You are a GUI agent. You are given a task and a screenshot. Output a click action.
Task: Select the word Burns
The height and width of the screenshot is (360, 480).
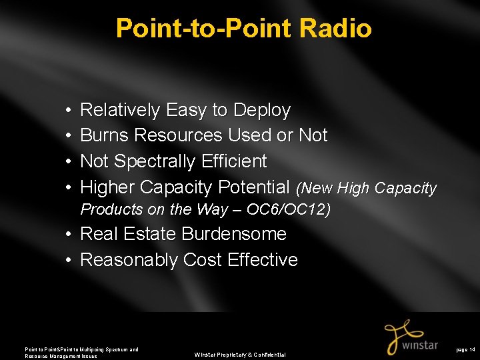105,135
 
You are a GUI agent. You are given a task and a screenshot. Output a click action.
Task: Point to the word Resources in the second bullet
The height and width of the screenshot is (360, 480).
178,135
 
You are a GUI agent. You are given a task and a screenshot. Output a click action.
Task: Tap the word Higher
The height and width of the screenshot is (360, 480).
107,187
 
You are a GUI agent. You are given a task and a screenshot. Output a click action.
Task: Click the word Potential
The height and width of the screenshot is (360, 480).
253,187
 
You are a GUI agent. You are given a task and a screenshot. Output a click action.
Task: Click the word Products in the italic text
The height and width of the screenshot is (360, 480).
111,209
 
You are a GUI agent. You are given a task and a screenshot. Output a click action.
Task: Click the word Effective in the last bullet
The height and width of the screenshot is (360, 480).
263,260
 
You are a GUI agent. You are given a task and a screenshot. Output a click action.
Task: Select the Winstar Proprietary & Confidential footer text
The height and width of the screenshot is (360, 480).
240,355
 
